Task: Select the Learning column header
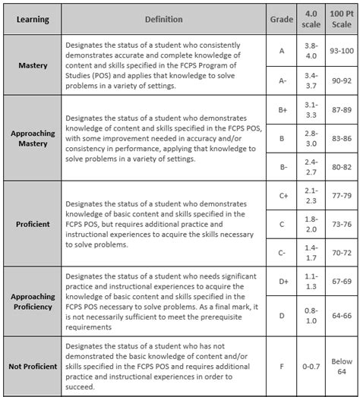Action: coord(33,17)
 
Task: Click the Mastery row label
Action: coord(33,65)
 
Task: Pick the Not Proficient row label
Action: coord(33,367)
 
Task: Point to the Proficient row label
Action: coord(33,225)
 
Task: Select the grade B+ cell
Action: coord(282,109)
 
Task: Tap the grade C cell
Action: coord(282,224)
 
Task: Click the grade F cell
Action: coord(282,367)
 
